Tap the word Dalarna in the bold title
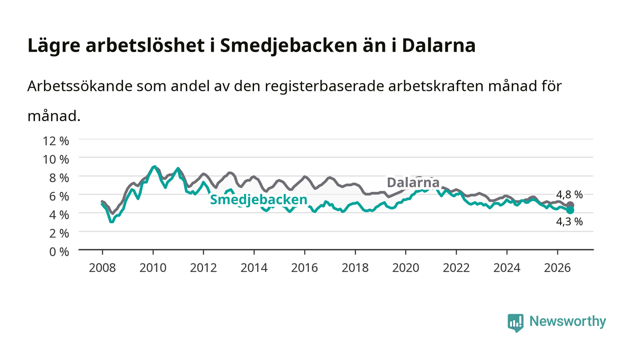pyautogui.click(x=439, y=45)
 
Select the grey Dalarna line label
pyautogui.click(x=413, y=183)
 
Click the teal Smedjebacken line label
pyautogui.click(x=259, y=200)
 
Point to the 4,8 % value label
pyautogui.click(x=569, y=195)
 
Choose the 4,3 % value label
pyautogui.click(x=569, y=221)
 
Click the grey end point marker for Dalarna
pyautogui.click(x=570, y=205)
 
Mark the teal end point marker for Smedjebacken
pyautogui.click(x=570, y=210)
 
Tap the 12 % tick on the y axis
pyautogui.click(x=56, y=141)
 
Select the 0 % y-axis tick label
pyautogui.click(x=59, y=252)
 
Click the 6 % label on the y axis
pyautogui.click(x=59, y=196)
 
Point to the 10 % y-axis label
pyautogui.click(x=56, y=159)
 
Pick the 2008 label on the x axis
pyautogui.click(x=103, y=268)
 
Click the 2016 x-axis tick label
pyautogui.click(x=304, y=268)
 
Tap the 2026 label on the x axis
pyautogui.click(x=557, y=268)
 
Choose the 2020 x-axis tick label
pyautogui.click(x=405, y=268)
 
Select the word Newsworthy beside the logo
pyautogui.click(x=567, y=321)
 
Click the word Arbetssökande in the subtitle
pyautogui.click(x=80, y=86)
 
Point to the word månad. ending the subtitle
pyautogui.click(x=54, y=116)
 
